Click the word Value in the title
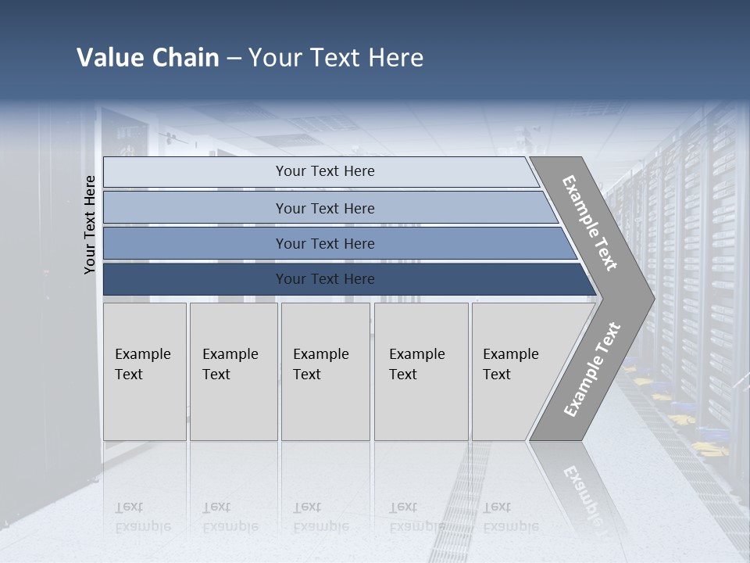coord(109,58)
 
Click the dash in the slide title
coord(234,59)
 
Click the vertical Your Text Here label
coord(90,224)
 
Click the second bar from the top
coord(325,208)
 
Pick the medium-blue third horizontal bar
coord(325,243)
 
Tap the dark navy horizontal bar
coord(325,279)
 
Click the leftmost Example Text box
coord(145,371)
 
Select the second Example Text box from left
coord(233,371)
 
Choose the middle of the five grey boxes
coord(324,371)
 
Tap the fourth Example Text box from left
coord(420,371)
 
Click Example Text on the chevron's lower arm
coord(591,370)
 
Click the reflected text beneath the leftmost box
coord(142,517)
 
